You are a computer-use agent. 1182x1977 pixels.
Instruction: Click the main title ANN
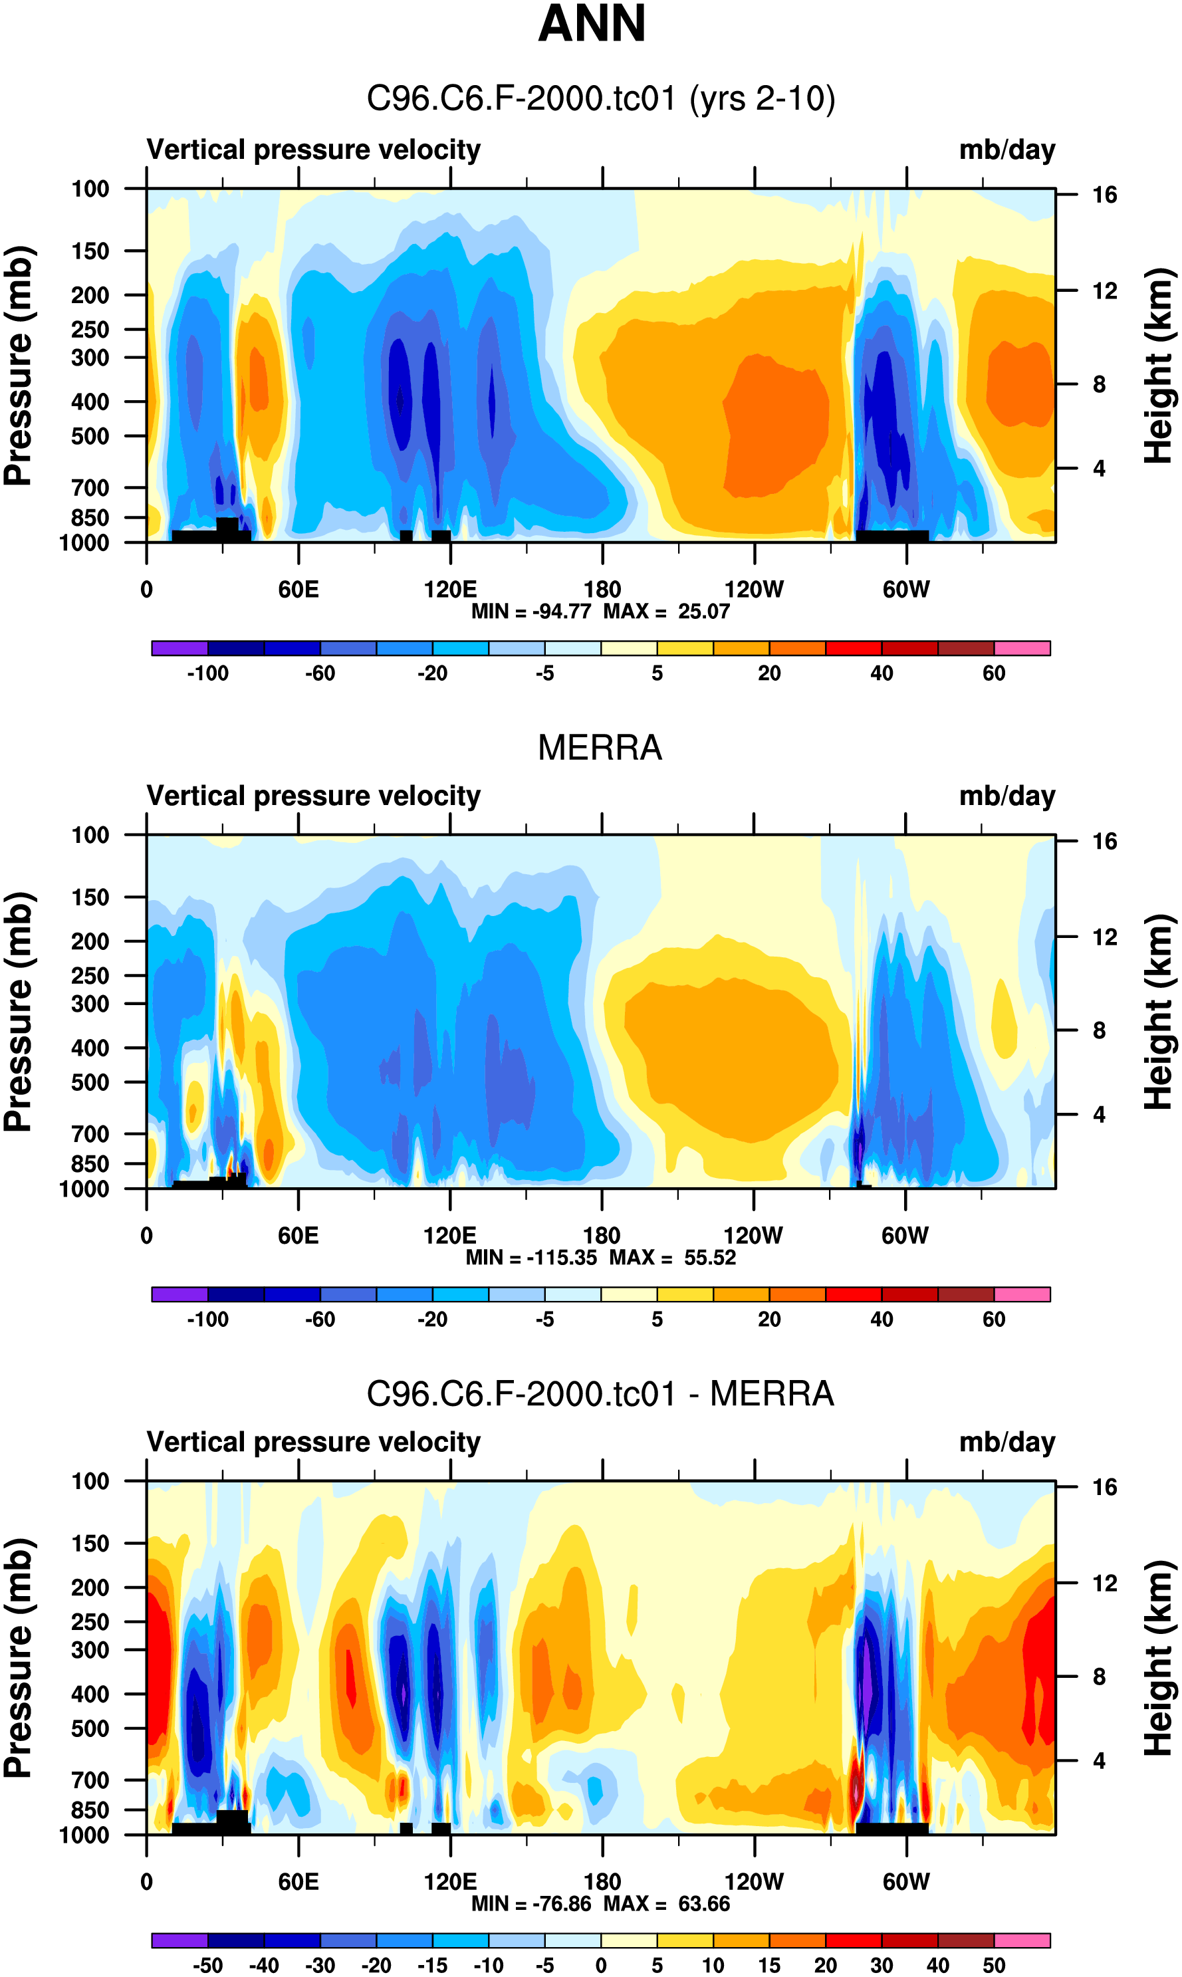[x=591, y=24]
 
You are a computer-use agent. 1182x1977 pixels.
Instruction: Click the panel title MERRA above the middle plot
[x=600, y=748]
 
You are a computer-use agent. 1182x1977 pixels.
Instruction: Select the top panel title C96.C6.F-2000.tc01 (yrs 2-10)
[x=600, y=99]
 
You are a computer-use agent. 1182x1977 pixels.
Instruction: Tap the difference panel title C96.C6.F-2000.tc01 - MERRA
[x=600, y=1393]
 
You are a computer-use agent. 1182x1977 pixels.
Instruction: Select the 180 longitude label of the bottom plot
[x=602, y=1881]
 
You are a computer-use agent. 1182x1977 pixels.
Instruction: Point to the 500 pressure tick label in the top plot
[x=90, y=436]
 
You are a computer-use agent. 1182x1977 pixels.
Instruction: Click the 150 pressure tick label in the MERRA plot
[x=90, y=897]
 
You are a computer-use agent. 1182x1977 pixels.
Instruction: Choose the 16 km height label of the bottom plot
[x=1104, y=1487]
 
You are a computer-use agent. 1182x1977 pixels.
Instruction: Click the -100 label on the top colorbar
[x=208, y=673]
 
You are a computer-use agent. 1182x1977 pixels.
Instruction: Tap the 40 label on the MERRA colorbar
[x=882, y=1320]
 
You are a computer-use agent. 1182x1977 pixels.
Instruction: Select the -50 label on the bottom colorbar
[x=208, y=1965]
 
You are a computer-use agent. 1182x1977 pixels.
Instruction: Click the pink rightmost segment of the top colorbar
[x=1022, y=648]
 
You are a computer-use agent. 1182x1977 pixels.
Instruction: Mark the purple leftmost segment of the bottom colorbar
[x=180, y=1940]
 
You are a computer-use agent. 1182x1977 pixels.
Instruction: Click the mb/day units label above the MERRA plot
[x=1006, y=796]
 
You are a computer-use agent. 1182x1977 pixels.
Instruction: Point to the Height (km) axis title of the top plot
[x=1159, y=366]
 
